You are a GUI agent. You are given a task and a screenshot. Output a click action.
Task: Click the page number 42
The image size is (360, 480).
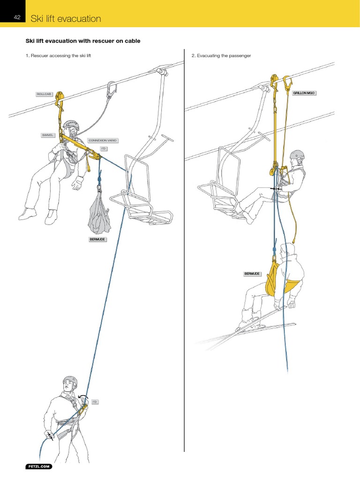[x=16, y=17]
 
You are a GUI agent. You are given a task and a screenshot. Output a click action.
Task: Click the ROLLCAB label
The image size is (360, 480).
[x=44, y=94]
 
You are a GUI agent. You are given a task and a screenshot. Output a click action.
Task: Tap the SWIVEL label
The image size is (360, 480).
[x=48, y=135]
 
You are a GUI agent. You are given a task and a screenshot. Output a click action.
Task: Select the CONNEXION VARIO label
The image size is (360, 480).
[x=103, y=140]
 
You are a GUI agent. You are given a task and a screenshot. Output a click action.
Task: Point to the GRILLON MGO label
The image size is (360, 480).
[x=305, y=93]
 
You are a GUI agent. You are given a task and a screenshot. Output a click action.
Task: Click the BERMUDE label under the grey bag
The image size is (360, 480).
[x=97, y=240]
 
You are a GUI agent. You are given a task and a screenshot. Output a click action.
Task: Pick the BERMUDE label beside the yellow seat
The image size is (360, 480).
[x=252, y=273]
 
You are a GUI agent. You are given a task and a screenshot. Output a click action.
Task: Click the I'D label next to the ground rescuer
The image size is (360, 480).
[x=94, y=402]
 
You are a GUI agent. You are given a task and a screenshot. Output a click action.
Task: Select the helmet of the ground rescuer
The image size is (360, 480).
[x=70, y=382]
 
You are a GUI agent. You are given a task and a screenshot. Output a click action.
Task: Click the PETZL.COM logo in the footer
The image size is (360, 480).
[x=38, y=467]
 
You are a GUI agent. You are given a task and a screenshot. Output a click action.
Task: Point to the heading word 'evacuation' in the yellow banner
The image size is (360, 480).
[x=79, y=19]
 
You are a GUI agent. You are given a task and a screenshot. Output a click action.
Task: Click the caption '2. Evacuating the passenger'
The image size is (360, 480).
[x=221, y=56]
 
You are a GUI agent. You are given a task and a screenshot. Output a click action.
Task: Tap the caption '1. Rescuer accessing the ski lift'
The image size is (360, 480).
[x=59, y=56]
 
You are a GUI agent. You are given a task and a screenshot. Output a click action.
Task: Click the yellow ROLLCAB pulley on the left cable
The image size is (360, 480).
[x=60, y=100]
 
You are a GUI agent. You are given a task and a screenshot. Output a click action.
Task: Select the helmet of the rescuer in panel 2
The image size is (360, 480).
[x=297, y=155]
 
